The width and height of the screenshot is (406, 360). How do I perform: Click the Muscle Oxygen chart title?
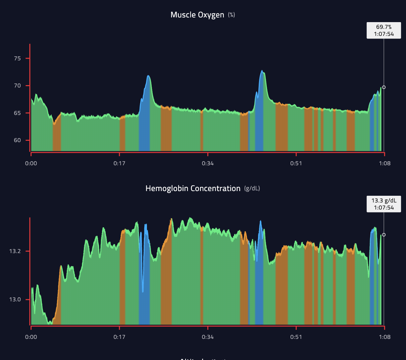coord(197,15)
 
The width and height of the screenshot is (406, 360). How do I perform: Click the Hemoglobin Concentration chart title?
coord(193,189)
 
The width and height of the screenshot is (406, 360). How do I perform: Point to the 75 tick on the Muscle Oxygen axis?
coord(17,58)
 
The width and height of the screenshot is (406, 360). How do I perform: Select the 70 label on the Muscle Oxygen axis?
coord(17,86)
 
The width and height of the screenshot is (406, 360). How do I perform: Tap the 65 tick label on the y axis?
coord(17,113)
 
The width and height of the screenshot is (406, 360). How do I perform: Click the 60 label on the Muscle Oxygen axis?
coord(17,140)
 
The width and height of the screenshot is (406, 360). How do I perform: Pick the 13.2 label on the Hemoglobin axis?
coord(15,251)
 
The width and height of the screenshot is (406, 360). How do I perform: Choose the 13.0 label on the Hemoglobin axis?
coord(15,299)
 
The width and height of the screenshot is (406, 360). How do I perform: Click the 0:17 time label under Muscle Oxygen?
coord(119,164)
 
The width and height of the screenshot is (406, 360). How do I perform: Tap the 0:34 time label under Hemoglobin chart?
coord(208,337)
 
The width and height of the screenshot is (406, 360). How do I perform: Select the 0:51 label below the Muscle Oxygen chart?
coord(296,164)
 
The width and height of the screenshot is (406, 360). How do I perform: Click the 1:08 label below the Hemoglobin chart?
coord(385,337)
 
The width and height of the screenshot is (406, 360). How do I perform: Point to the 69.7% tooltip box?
coord(384,31)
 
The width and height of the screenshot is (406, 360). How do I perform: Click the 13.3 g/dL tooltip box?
coord(384,204)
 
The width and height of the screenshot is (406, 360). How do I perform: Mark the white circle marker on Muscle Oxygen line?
coord(384,87)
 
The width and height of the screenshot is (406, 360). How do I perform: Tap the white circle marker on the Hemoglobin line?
coord(384,235)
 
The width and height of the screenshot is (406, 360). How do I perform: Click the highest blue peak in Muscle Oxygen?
coord(262,71)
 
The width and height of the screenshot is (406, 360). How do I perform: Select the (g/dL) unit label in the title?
coord(252,189)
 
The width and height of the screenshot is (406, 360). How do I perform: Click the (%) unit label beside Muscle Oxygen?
coord(232,15)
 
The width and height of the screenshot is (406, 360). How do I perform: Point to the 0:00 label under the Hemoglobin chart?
coord(31,337)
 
